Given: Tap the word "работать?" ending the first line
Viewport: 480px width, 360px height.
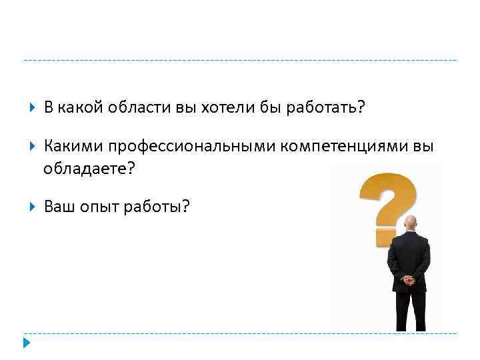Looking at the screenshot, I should (326, 109).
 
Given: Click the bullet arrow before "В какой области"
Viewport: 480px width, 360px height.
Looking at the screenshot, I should (32, 109).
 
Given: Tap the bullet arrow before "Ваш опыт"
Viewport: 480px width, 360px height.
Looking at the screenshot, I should (32, 207).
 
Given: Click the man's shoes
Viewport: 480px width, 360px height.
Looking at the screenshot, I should (411, 327).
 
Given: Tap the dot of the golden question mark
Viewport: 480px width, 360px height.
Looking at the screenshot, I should (387, 236).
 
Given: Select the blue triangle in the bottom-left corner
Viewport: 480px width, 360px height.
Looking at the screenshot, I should (26, 344).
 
